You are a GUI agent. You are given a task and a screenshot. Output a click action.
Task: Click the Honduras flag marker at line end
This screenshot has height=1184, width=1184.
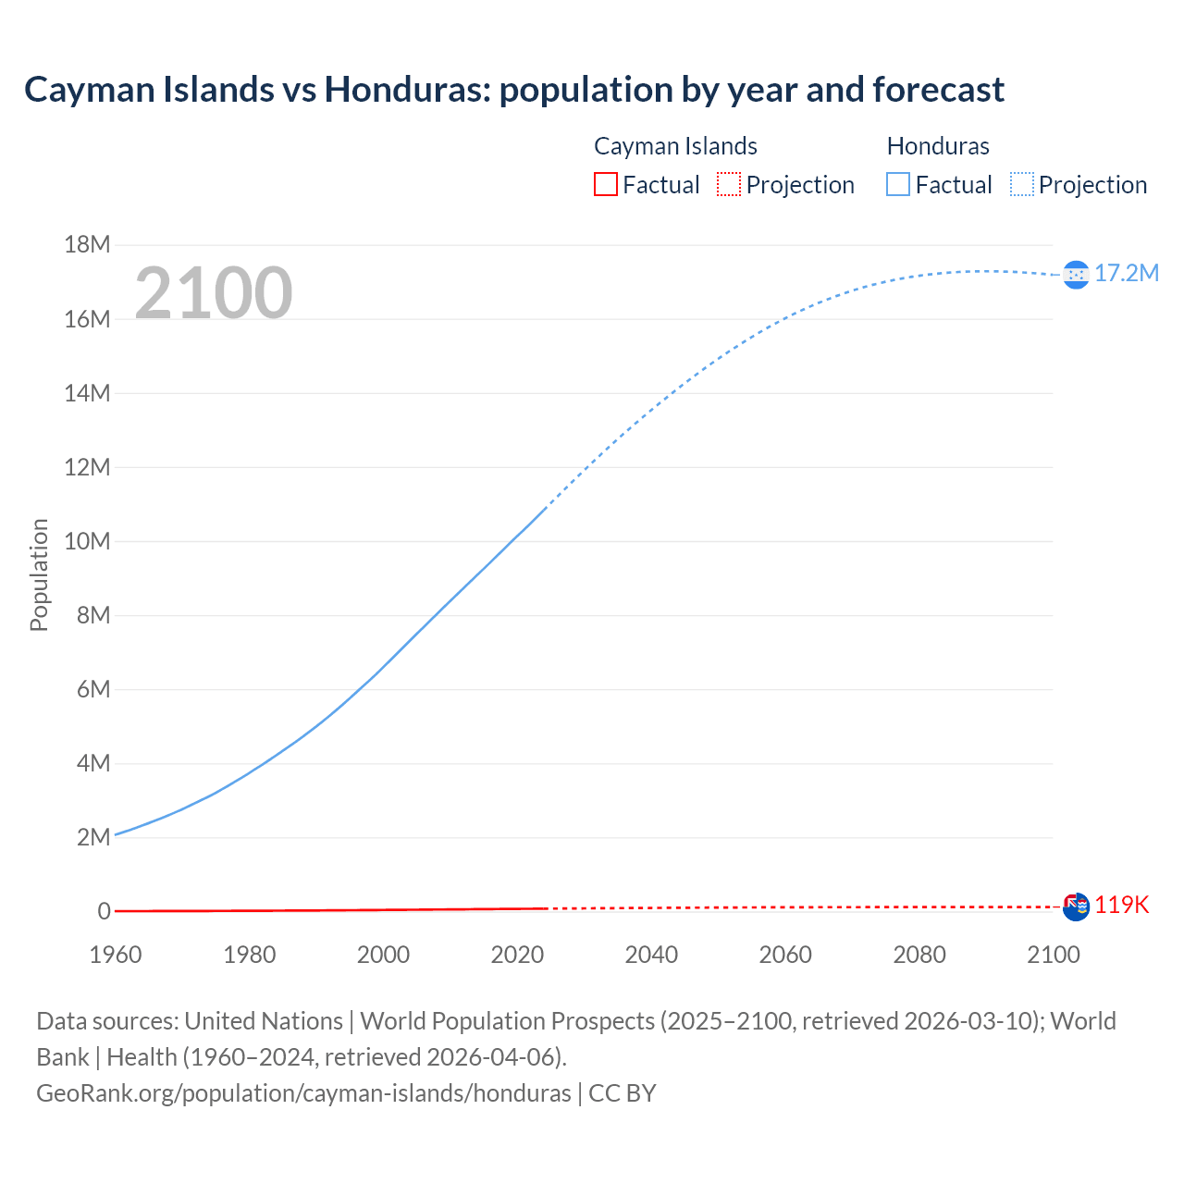click(x=1076, y=274)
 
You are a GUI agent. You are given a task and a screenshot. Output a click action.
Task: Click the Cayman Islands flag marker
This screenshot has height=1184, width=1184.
click(x=1076, y=906)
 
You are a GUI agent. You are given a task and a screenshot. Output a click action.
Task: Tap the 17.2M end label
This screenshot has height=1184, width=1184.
click(x=1127, y=273)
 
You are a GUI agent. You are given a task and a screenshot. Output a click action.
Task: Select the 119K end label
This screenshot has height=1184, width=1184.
click(x=1122, y=906)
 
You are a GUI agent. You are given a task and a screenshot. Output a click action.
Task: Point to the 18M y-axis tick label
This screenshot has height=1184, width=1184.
click(x=87, y=244)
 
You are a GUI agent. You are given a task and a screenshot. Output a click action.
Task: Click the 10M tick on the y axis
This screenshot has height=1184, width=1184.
click(x=87, y=541)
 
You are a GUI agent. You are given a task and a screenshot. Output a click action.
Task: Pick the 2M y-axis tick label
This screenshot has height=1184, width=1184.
click(x=93, y=837)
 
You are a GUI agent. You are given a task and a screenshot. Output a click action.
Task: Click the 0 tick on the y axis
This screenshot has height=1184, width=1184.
click(x=105, y=911)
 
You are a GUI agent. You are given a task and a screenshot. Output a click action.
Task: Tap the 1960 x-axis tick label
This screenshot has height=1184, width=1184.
click(x=116, y=955)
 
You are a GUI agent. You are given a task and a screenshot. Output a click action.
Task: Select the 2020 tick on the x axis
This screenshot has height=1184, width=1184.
click(x=517, y=955)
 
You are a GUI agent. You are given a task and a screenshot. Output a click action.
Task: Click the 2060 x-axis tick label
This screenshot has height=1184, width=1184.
click(x=785, y=955)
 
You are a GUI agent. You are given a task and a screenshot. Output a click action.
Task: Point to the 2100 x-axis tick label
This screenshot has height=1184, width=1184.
click(x=1054, y=955)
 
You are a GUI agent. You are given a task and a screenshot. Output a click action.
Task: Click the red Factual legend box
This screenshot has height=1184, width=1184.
click(x=606, y=185)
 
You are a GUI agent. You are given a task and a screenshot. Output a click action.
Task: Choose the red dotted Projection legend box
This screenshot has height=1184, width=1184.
click(x=729, y=185)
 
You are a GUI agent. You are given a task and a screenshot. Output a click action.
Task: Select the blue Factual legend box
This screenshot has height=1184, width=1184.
click(x=898, y=185)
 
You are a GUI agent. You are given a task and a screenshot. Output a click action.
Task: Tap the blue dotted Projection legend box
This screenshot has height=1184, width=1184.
click(x=1022, y=185)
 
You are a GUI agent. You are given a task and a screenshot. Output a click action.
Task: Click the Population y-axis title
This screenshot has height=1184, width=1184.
click(x=39, y=574)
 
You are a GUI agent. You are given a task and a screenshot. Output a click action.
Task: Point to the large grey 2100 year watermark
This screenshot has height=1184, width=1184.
click(x=214, y=293)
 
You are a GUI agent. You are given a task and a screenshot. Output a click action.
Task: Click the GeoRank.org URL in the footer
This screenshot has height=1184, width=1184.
click(x=303, y=1092)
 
